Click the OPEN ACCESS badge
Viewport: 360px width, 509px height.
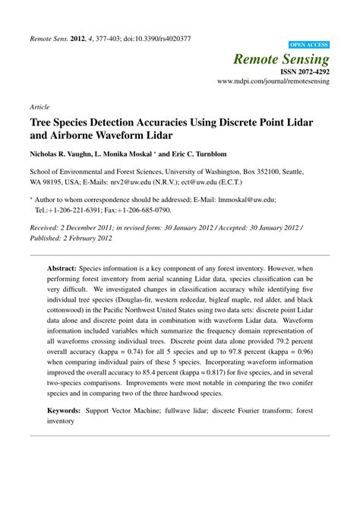(x=309, y=45)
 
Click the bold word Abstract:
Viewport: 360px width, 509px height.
(x=66, y=269)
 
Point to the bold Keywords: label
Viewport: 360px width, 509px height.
(x=69, y=410)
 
